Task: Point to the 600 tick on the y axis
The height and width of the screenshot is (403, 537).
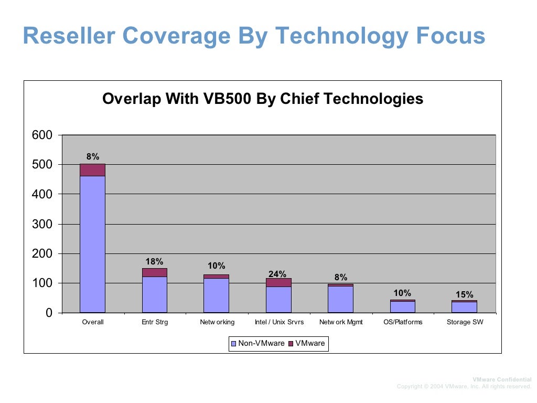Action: pyautogui.click(x=42, y=135)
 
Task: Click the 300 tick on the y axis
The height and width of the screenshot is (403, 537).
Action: pyautogui.click(x=42, y=224)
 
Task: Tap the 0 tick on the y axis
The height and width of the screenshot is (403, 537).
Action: pyautogui.click(x=49, y=313)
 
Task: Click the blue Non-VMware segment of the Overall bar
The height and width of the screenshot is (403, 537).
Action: pyautogui.click(x=92, y=244)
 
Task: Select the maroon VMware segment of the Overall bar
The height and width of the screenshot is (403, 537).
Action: pyautogui.click(x=92, y=170)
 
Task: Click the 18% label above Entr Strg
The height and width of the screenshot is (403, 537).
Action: pyautogui.click(x=154, y=261)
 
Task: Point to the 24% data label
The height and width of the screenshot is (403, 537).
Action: pyautogui.click(x=277, y=274)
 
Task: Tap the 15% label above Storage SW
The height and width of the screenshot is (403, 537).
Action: pyautogui.click(x=464, y=294)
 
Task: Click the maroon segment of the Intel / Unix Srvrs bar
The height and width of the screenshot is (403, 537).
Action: pyautogui.click(x=278, y=282)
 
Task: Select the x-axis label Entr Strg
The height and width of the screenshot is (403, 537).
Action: pyautogui.click(x=155, y=322)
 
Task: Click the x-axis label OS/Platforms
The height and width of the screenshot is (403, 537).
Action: pyautogui.click(x=402, y=322)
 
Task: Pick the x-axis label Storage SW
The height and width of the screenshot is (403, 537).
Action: pyautogui.click(x=465, y=322)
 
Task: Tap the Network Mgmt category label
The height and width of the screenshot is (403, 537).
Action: pyautogui.click(x=340, y=322)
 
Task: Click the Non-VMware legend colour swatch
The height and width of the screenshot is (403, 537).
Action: pyautogui.click(x=234, y=344)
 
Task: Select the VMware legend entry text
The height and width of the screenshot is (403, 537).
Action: pyautogui.click(x=310, y=344)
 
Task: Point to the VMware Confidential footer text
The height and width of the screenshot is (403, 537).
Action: pyautogui.click(x=502, y=379)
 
